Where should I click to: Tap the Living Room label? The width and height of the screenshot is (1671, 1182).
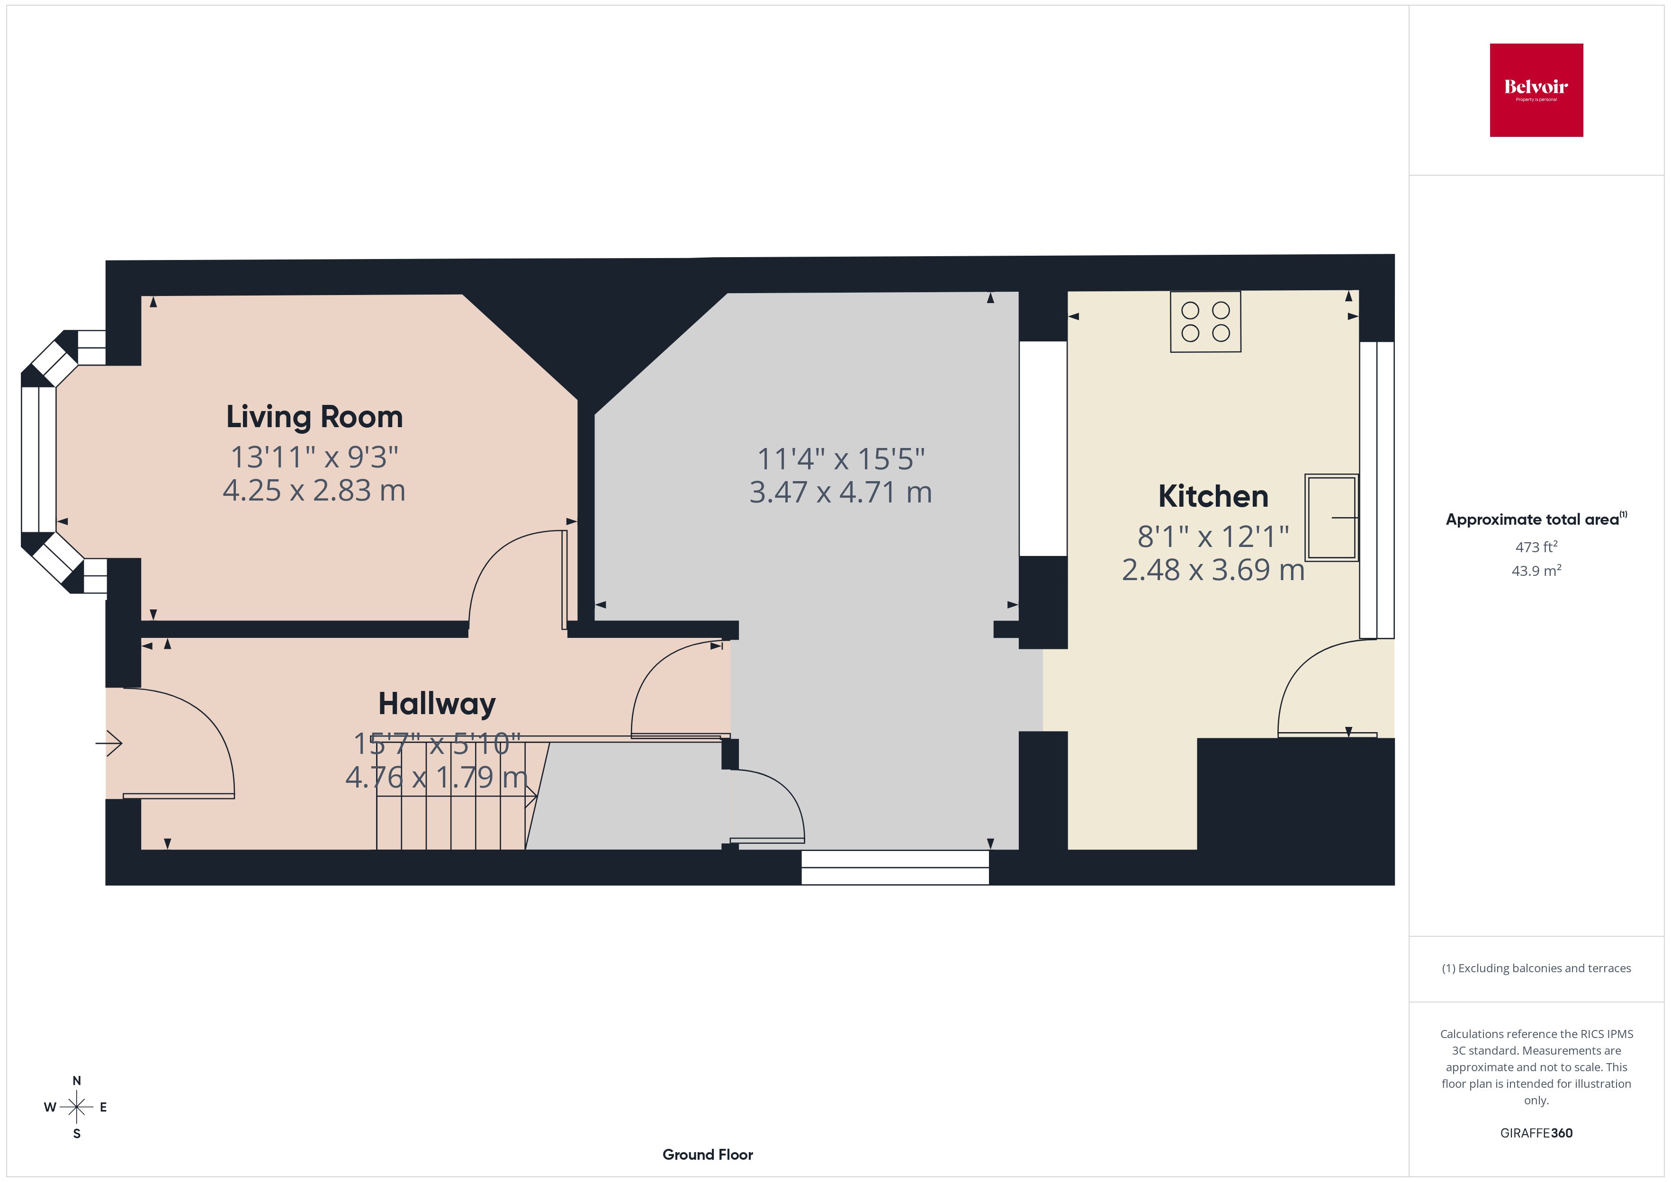tap(314, 417)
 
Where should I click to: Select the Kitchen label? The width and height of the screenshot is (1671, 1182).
tap(1213, 496)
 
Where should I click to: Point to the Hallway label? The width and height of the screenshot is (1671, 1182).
tap(437, 704)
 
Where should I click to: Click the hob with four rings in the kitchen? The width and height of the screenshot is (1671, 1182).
tap(1205, 322)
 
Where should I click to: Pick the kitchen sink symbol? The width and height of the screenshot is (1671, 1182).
tap(1331, 518)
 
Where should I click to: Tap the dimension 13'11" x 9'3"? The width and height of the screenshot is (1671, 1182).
tap(314, 457)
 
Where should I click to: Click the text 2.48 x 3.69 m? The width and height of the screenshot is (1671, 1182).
tap(1213, 570)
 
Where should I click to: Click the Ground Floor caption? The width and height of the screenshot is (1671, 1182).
tap(708, 1155)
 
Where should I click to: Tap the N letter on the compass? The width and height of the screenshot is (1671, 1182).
tap(76, 1081)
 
